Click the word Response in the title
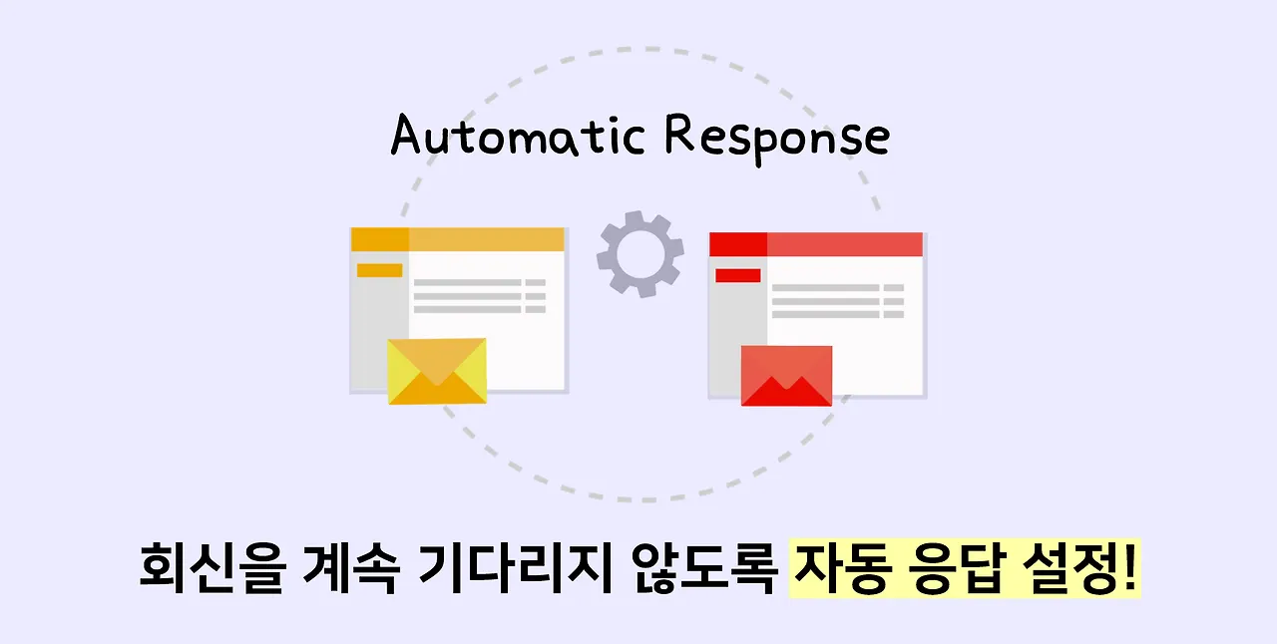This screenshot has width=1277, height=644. click(776, 137)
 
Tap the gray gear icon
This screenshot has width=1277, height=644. click(639, 254)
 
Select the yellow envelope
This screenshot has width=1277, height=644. click(437, 371)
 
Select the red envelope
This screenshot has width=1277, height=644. click(786, 376)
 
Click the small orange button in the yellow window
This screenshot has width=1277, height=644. click(379, 270)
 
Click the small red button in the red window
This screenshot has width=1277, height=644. click(738, 275)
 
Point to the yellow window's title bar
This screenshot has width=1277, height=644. click(486, 240)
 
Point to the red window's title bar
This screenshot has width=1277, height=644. click(844, 244)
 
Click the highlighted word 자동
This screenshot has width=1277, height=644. click(836, 571)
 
